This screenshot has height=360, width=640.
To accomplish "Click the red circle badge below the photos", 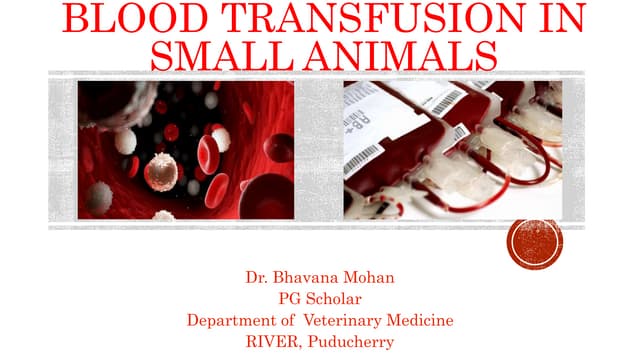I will pyautogui.click(x=535, y=242).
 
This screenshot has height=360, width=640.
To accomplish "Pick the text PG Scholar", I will pyautogui.click(x=319, y=298).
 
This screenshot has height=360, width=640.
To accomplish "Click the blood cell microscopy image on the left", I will pyautogui.click(x=186, y=150).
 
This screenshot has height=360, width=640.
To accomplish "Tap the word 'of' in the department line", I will pyautogui.click(x=282, y=320).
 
